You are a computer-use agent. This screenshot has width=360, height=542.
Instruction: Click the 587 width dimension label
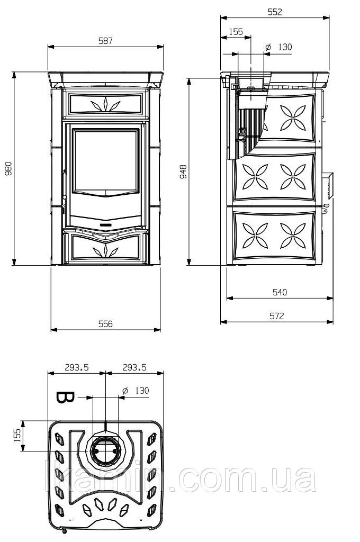coord(105,41)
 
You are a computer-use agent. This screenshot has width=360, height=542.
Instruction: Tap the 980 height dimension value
coord(8,168)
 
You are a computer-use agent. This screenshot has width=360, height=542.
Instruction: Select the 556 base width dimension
coord(105,324)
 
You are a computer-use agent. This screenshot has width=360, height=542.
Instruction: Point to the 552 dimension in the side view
coord(275,12)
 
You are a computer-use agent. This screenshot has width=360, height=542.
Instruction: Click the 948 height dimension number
coord(184,171)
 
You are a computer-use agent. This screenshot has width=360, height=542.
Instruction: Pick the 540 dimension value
coord(280,292)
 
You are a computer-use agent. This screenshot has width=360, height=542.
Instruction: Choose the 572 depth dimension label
coord(277,315)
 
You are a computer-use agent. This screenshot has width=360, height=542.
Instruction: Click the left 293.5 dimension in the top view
coord(77,367)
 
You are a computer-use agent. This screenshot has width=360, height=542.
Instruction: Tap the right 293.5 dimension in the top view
coord(134,367)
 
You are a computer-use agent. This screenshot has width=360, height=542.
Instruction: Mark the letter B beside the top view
coord(65,398)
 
